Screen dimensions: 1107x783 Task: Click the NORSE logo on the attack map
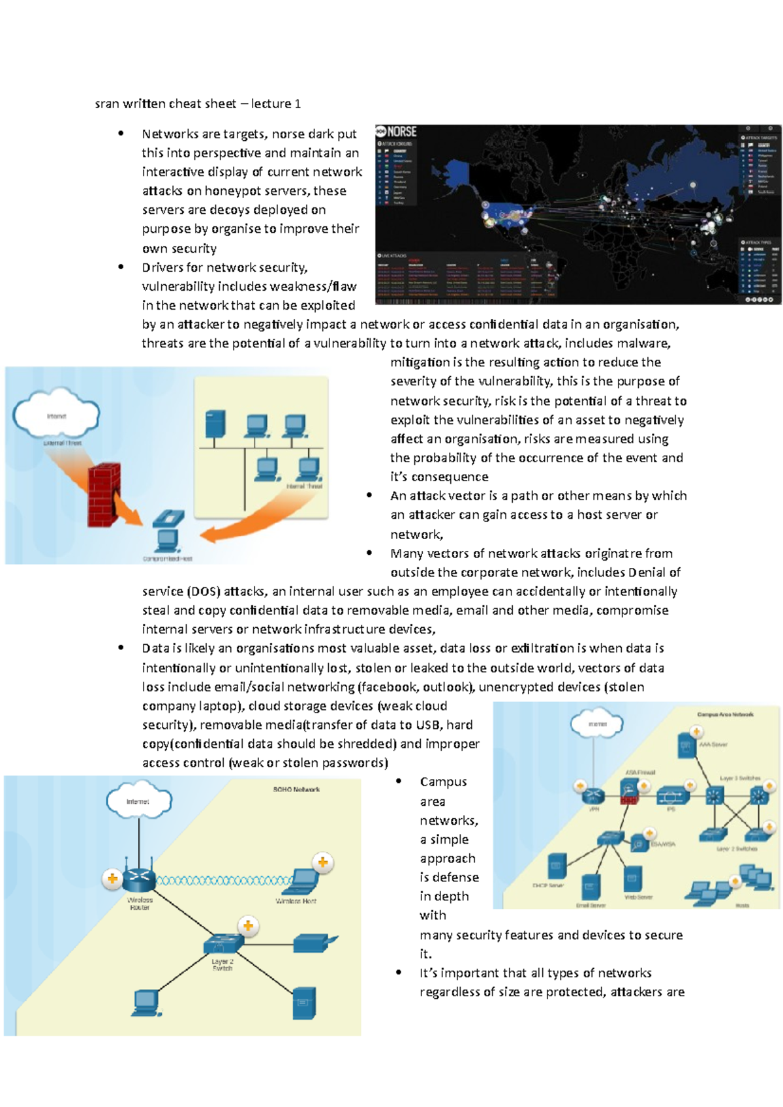397,132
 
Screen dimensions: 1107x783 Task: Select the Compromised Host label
168,559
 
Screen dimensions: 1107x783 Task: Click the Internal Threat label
304,486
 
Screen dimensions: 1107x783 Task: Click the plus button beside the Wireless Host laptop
322,863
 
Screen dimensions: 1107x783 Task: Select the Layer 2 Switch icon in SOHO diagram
223,943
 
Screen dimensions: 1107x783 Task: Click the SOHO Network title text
296,790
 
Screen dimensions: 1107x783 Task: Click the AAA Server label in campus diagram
713,744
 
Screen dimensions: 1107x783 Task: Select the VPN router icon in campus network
594,795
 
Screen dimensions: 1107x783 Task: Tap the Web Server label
638,897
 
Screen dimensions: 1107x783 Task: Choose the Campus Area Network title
725,715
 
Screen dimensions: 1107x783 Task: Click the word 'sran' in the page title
106,104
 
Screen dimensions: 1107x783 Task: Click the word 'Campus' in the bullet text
443,782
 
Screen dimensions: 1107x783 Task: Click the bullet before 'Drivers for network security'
121,267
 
